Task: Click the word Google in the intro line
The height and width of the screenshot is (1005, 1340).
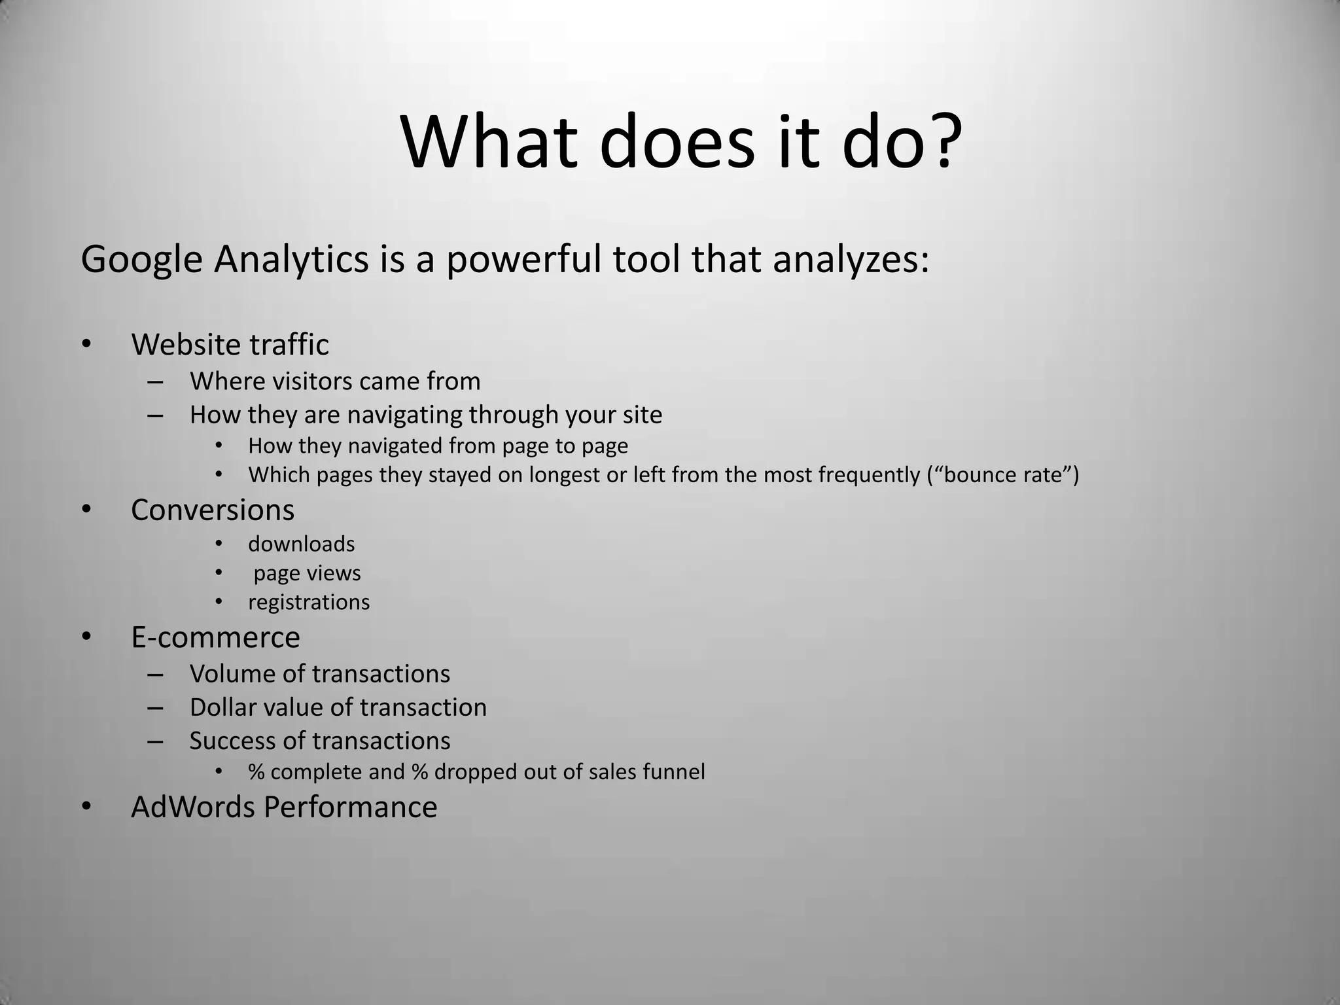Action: coord(141,260)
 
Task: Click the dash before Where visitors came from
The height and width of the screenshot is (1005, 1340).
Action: coord(155,381)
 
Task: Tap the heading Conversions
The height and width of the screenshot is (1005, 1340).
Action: coord(213,510)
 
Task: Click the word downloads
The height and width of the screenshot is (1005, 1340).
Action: coord(301,544)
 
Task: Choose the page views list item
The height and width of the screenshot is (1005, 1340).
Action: coord(307,574)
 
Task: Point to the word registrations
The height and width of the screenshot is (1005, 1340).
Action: coord(309,603)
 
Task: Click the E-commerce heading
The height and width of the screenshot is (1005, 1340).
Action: coord(215,637)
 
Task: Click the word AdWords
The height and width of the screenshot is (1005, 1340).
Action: coord(193,807)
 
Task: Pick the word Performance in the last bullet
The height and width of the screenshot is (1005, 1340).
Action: coord(350,807)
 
